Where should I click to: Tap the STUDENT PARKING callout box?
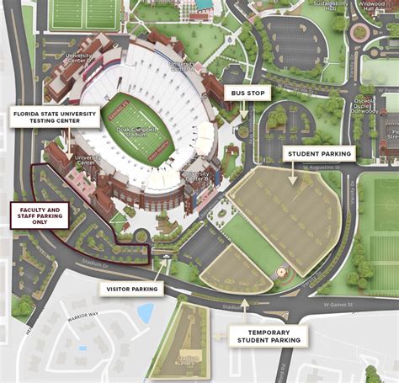[x=320, y=153]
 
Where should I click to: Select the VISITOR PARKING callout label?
[x=132, y=289]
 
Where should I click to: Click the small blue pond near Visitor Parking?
[x=146, y=313]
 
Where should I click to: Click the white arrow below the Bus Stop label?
[x=243, y=110]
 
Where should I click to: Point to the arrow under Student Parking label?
[x=294, y=173]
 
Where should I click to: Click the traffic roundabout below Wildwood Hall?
[x=361, y=33]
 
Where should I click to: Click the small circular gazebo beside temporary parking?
[x=282, y=272]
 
